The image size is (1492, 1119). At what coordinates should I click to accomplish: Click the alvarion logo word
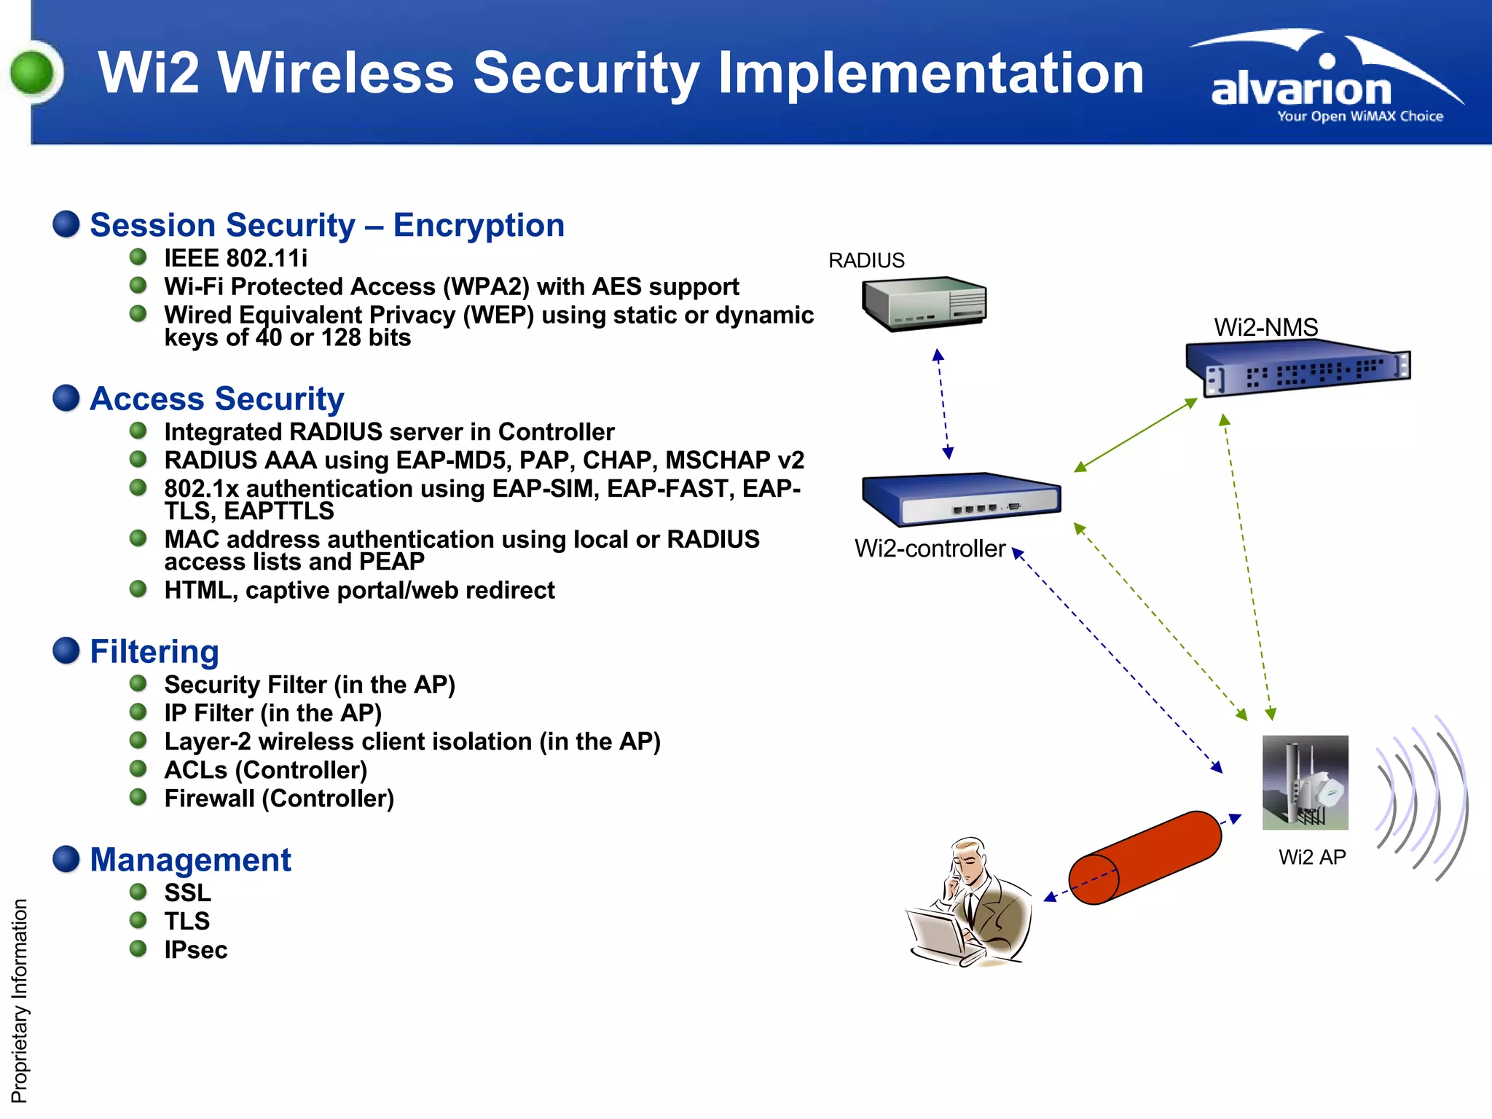coord(1301,90)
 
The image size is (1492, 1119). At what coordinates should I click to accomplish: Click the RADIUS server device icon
coord(924,303)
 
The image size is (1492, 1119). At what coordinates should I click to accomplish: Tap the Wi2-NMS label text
coord(1265,327)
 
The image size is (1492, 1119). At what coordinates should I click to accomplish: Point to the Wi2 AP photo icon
coord(1305,782)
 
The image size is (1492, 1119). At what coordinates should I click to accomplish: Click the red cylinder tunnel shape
coord(1145,857)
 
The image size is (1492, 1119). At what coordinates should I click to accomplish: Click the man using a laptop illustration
coord(969,903)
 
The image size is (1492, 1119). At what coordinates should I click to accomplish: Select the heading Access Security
coord(216,399)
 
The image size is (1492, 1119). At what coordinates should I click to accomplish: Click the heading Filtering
coord(154,651)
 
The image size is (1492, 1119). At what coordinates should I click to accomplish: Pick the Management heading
coord(190,860)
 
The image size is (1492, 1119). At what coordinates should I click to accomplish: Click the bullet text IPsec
coord(195,950)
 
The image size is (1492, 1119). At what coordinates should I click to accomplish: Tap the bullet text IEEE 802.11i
coord(235,258)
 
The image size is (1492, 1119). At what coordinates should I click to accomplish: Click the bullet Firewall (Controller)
coord(279,798)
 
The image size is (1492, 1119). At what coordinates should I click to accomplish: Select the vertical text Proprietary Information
coord(20,1001)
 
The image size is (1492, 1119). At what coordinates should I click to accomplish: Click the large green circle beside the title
coord(33,73)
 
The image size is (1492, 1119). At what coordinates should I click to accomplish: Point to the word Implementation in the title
coord(930,73)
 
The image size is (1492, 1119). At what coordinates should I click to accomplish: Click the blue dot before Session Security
coord(66,224)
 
